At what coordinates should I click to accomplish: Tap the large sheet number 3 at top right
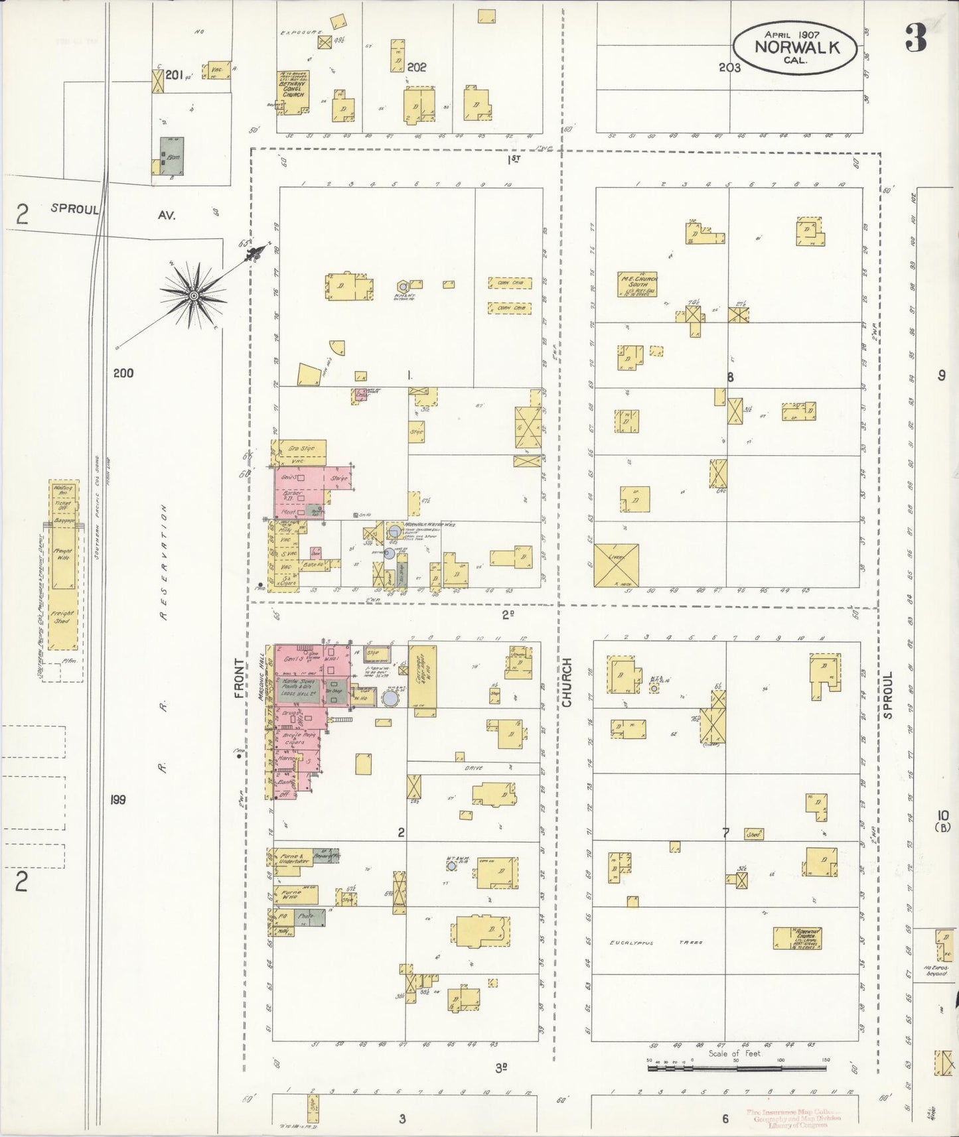[916, 40]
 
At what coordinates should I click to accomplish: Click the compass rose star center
[193, 295]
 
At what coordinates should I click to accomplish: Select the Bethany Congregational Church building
[293, 94]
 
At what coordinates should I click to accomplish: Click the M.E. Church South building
[636, 284]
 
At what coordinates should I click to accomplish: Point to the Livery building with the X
[616, 565]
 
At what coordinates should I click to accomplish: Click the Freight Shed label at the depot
[64, 619]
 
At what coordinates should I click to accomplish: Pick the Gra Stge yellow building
[302, 449]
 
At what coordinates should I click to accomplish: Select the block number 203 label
[729, 67]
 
